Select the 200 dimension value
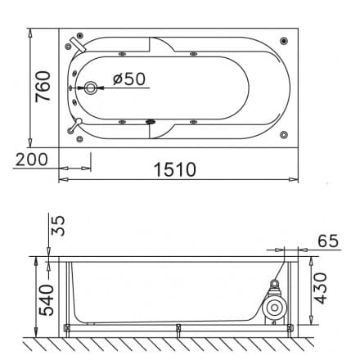click(30, 159)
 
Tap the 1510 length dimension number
click(174, 169)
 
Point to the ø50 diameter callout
click(126, 79)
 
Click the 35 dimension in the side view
click(56, 227)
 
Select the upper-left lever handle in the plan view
click(76, 42)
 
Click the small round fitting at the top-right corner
click(284, 39)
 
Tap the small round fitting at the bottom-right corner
click(284, 134)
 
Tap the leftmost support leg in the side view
click(67, 329)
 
